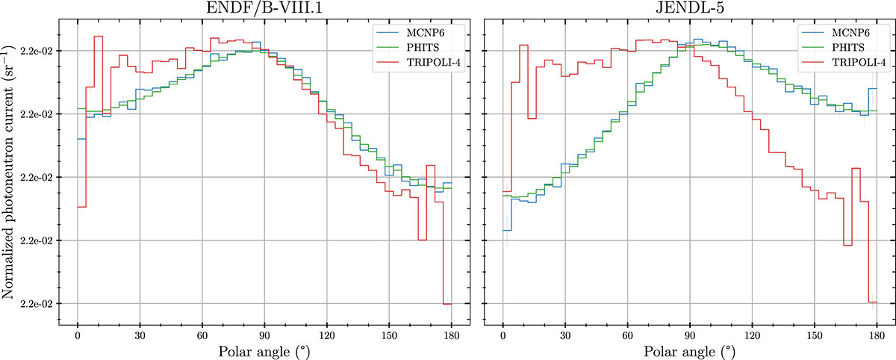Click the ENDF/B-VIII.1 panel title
pyautogui.click(x=264, y=8)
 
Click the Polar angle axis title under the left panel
pyautogui.click(x=264, y=350)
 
